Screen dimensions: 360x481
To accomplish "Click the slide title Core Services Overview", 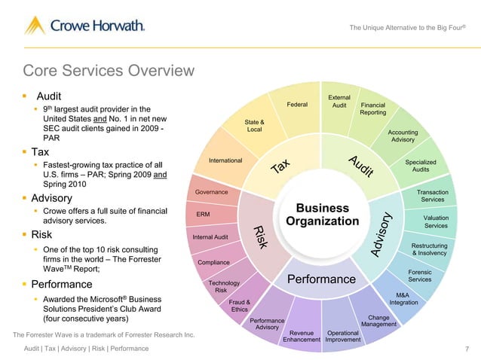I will tap(109, 72).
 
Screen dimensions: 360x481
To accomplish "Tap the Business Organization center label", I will tap(323, 215).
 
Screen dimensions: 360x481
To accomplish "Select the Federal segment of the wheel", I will tap(297, 105).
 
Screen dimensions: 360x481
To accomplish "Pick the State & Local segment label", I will tap(254, 126).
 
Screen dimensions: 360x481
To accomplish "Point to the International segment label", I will tap(225, 160).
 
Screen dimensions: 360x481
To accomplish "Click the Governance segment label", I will tap(211, 192).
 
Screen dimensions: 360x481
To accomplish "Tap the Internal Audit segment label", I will tap(211, 237).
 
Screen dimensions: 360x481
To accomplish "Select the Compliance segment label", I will tap(213, 262).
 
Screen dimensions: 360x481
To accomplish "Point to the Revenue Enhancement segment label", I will tap(301, 336).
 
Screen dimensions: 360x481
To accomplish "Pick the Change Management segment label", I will tap(378, 321).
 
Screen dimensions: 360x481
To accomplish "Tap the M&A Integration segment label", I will tap(403, 299).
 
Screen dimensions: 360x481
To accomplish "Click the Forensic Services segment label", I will tap(419, 276).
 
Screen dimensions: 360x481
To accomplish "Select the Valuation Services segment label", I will tap(436, 221).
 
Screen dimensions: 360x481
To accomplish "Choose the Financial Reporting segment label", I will tap(373, 108).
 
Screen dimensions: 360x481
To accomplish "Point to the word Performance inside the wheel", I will tap(321, 280).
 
